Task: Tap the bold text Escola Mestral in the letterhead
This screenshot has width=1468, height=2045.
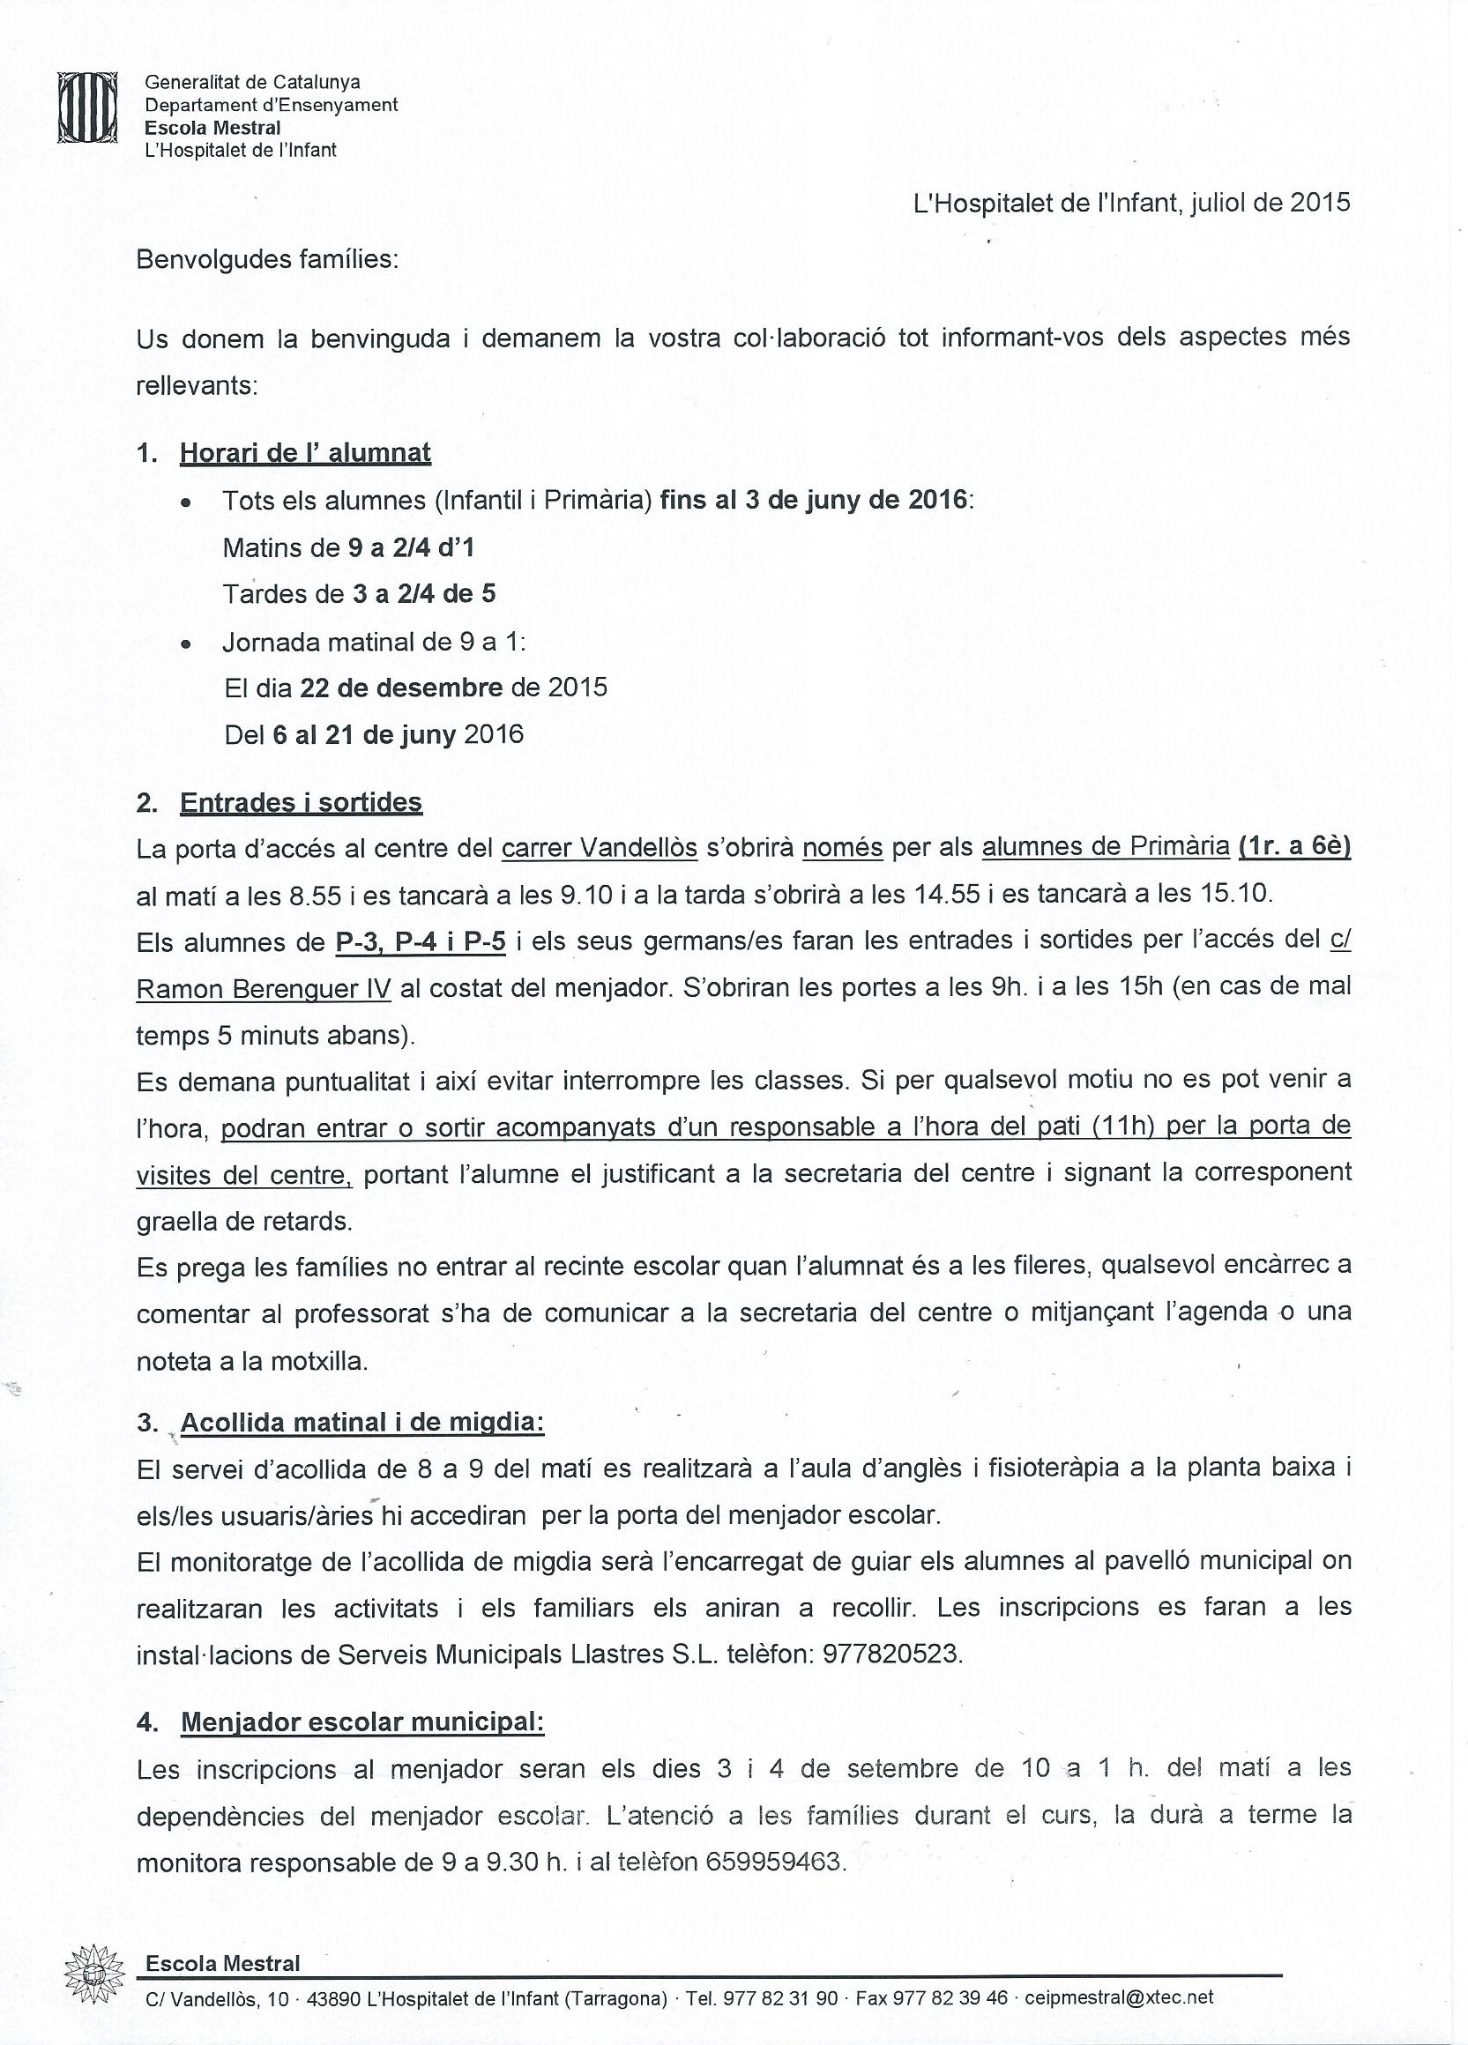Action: click(212, 128)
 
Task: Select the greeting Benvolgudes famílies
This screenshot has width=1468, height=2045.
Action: click(267, 261)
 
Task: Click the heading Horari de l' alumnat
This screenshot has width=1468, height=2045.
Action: click(305, 453)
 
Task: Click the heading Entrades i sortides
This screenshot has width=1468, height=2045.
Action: click(301, 802)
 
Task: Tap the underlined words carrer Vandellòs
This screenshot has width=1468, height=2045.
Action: click(599, 849)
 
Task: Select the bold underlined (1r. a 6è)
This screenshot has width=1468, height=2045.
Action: click(1294, 848)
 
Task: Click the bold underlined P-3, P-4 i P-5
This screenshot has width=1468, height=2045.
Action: click(421, 942)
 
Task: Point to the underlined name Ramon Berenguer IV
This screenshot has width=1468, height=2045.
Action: click(264, 989)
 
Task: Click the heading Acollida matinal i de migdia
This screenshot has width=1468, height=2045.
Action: click(362, 1423)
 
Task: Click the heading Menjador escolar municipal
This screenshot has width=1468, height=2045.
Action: click(362, 1722)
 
